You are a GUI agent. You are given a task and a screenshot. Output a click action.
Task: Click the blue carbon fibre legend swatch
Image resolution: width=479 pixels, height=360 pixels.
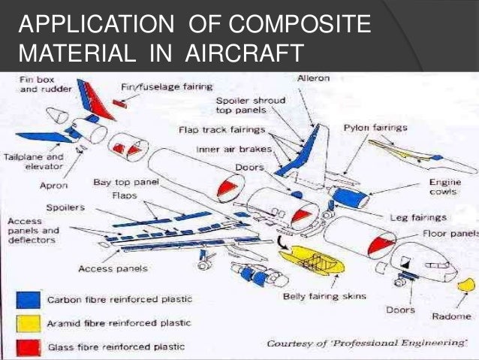(28, 299)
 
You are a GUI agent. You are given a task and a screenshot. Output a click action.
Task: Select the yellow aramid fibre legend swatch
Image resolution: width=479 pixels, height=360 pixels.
(28, 322)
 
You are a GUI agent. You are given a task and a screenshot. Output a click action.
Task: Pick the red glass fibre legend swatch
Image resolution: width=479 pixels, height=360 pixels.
(28, 346)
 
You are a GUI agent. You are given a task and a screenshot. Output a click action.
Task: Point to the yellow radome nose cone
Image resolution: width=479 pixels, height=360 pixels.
(466, 286)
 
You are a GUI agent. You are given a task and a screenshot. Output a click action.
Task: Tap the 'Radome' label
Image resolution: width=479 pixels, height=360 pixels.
(451, 316)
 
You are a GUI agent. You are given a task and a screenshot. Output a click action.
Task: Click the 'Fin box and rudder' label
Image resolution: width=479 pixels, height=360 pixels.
(34, 83)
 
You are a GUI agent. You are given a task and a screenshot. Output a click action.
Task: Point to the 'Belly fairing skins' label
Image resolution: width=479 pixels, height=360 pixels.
(324, 296)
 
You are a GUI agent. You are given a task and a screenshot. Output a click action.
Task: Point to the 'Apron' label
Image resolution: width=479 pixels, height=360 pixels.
(55, 184)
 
